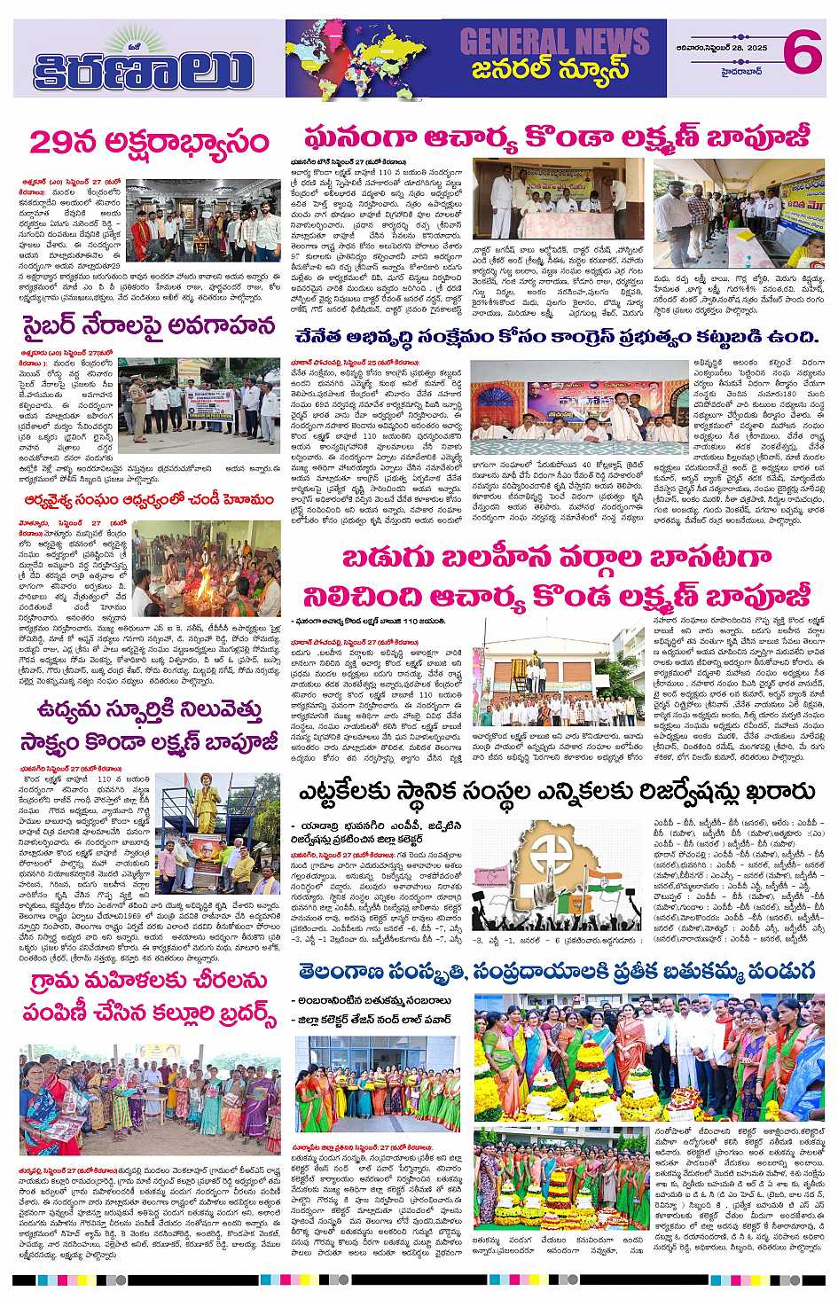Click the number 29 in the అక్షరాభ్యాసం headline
[52, 142]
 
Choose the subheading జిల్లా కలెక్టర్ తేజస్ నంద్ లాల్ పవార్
[373, 1020]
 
